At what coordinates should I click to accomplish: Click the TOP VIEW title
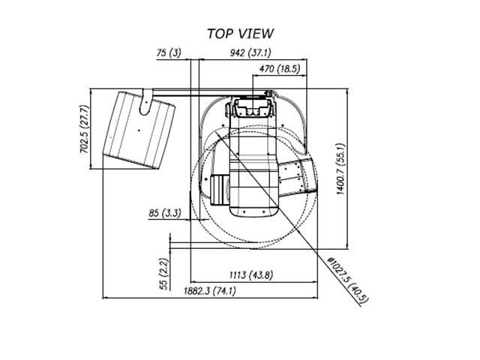click(240, 34)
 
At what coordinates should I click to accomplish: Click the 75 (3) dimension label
click(169, 53)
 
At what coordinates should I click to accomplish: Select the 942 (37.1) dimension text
click(250, 53)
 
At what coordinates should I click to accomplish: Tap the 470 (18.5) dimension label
click(280, 69)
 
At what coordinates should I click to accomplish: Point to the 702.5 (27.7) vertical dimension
click(84, 129)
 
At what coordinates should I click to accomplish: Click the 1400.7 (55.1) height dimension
click(340, 169)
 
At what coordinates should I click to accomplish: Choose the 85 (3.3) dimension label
click(165, 213)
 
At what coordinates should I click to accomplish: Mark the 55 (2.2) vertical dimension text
click(164, 274)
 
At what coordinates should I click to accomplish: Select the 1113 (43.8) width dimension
click(251, 275)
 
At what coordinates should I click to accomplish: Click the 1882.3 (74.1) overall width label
click(210, 290)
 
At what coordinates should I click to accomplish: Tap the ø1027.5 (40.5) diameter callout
click(348, 280)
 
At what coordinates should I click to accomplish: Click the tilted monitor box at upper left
click(139, 130)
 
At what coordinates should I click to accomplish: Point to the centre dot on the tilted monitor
click(139, 130)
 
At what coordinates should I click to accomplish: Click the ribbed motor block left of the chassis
click(220, 190)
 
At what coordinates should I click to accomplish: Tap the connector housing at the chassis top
click(253, 107)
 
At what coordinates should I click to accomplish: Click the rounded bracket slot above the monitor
click(145, 102)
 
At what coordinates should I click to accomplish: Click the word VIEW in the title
click(256, 34)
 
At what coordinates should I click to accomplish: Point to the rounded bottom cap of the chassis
click(253, 211)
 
